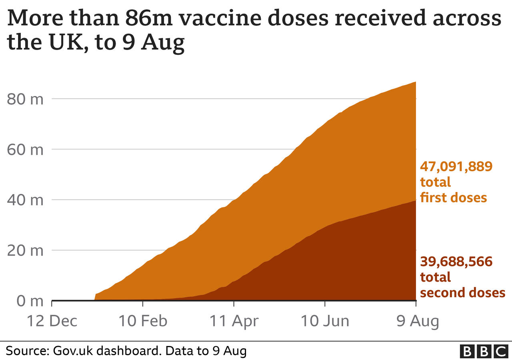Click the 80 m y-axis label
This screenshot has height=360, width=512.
(x=25, y=99)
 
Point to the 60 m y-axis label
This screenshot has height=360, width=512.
(x=25, y=150)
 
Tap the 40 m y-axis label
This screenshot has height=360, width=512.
(x=25, y=200)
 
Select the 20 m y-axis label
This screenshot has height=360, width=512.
(x=25, y=250)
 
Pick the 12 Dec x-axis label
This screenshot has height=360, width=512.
(x=52, y=321)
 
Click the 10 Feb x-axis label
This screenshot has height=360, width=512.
(x=143, y=321)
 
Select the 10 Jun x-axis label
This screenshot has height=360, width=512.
(x=325, y=321)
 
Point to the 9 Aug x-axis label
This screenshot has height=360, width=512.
(x=416, y=321)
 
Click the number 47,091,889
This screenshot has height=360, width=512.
(x=456, y=166)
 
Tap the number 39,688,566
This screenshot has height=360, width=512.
(x=456, y=262)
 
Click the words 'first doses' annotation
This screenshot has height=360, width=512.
(x=453, y=198)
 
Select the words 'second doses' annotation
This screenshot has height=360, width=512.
(x=462, y=293)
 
